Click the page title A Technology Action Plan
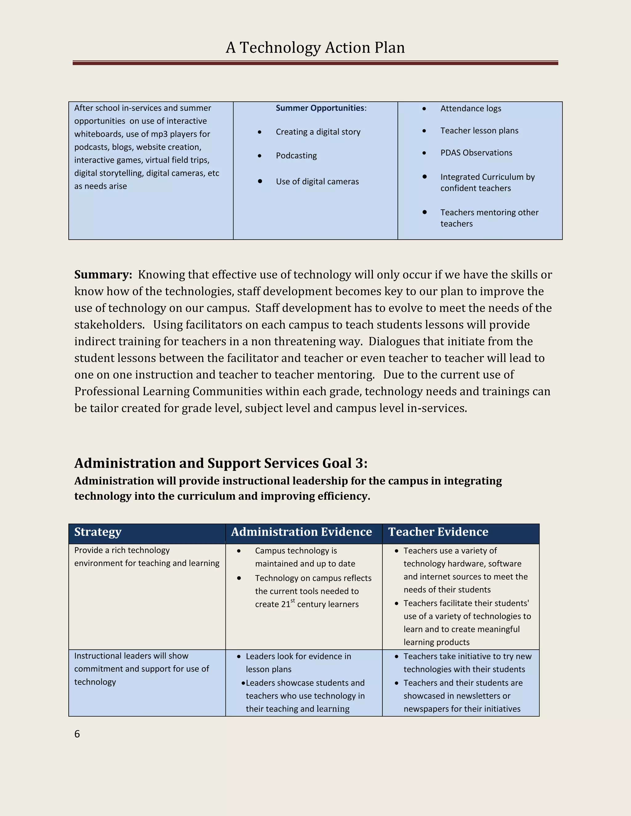pyautogui.click(x=315, y=48)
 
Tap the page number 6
pyautogui.click(x=77, y=734)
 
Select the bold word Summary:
pyautogui.click(x=103, y=275)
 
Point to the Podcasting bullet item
pyautogui.click(x=296, y=156)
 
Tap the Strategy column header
pyautogui.click(x=98, y=532)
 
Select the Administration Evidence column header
pyautogui.click(x=301, y=532)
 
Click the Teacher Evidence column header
pyautogui.click(x=438, y=532)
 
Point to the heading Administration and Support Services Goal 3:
pyautogui.click(x=221, y=463)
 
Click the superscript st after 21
pyautogui.click(x=293, y=601)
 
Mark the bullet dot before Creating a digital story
pyautogui.click(x=259, y=132)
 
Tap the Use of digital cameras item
pyautogui.click(x=317, y=182)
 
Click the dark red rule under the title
pyautogui.click(x=315, y=63)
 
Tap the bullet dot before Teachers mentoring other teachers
pyautogui.click(x=424, y=212)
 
